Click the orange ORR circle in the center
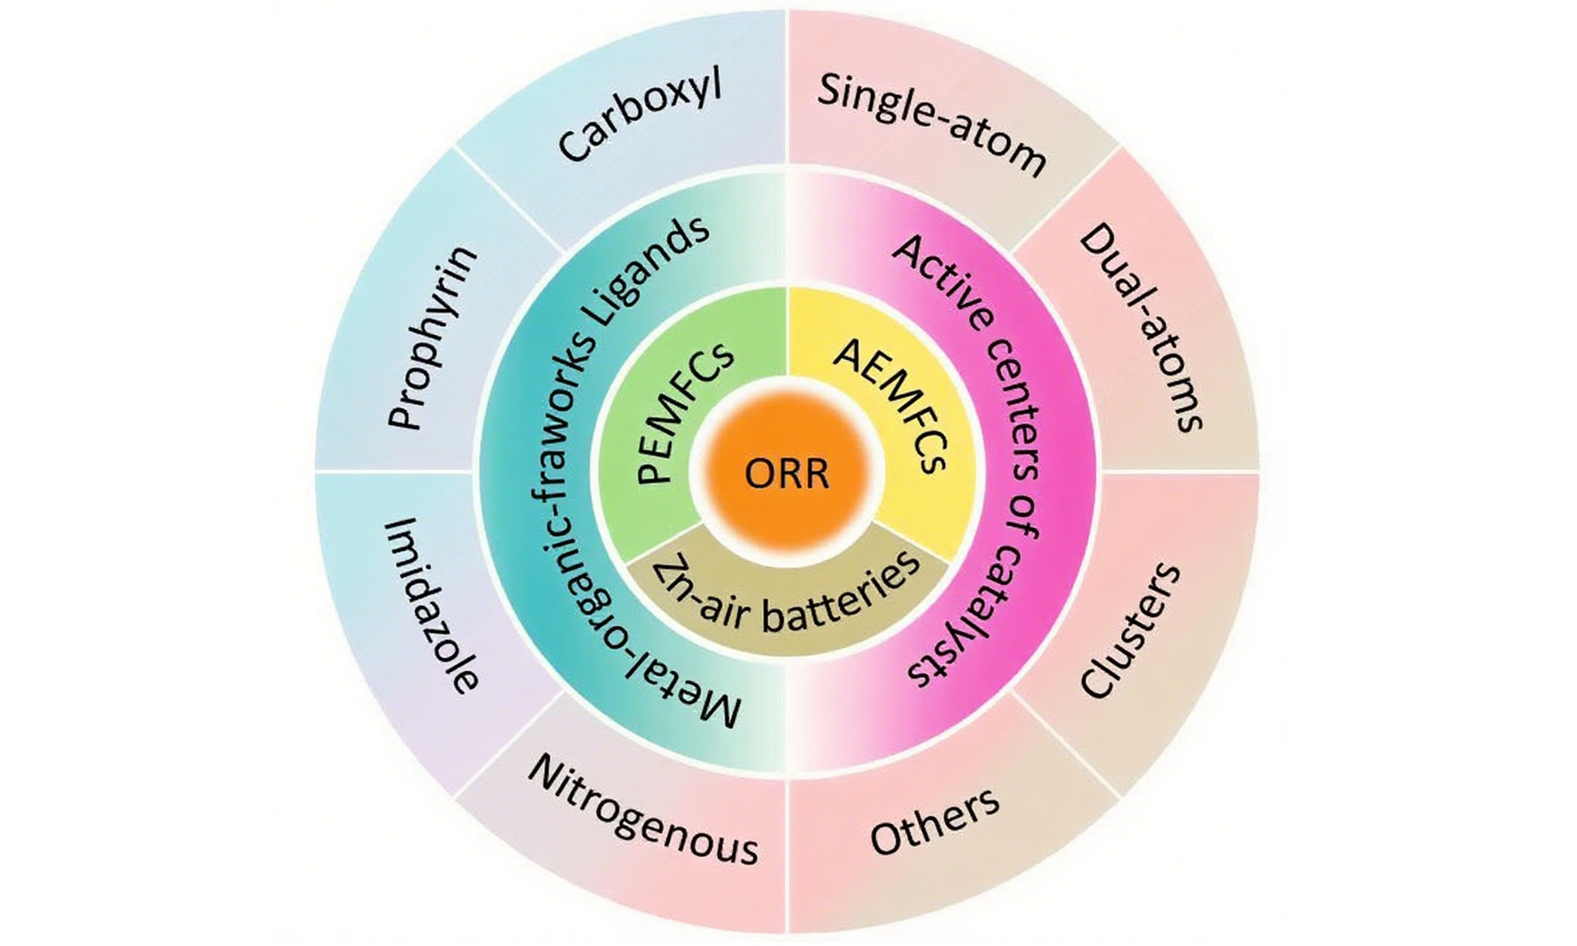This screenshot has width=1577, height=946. (787, 474)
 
